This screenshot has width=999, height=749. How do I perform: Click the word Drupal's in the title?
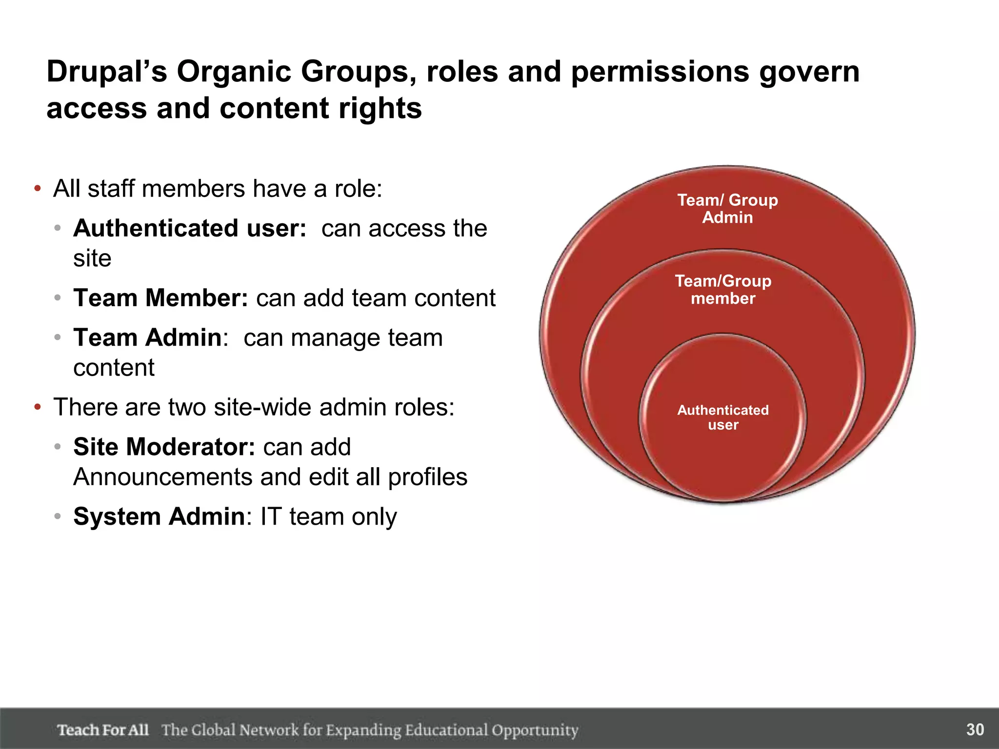point(106,72)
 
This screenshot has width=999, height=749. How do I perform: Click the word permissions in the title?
point(659,72)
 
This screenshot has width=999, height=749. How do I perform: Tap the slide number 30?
point(975,729)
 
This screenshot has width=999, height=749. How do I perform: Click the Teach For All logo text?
point(103,730)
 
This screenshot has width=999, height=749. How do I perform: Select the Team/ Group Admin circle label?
point(727,209)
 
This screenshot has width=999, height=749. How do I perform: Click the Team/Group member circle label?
point(723,290)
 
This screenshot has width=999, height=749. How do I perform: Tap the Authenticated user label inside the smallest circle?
point(723,417)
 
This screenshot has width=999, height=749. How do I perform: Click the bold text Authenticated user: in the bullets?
point(190,228)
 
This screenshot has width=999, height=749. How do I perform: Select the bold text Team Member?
point(160,298)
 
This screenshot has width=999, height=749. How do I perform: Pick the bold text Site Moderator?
point(164,447)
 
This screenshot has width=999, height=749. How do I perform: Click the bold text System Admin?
point(159,516)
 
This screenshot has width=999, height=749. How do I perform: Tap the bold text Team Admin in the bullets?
point(147,337)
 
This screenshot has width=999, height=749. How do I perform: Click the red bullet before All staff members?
point(38,189)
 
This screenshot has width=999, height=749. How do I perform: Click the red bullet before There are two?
point(38,407)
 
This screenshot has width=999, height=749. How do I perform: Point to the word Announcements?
point(162,477)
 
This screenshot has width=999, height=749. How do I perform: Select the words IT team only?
point(328,516)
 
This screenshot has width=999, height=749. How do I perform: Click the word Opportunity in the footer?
point(535,730)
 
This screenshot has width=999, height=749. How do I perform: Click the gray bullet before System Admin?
point(58,516)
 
